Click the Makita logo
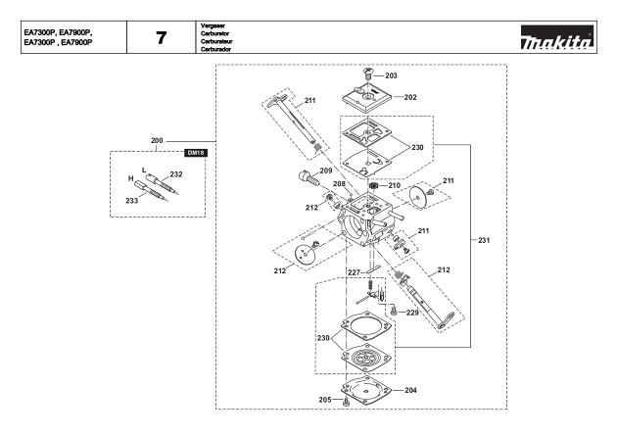(x=557, y=37)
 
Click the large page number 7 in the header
(x=162, y=38)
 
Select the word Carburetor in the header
(x=214, y=33)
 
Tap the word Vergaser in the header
(x=213, y=25)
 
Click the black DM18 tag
(x=196, y=153)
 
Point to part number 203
(x=391, y=75)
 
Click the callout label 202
(x=410, y=97)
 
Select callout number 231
(x=484, y=240)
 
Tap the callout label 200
(x=157, y=140)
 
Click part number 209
(x=326, y=170)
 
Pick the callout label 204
(x=410, y=390)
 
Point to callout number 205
(x=324, y=400)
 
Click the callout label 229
(x=412, y=313)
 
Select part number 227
(x=354, y=272)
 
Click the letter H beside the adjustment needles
(x=131, y=178)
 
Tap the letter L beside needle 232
(x=144, y=170)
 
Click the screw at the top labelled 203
(x=367, y=73)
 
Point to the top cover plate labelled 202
(x=367, y=97)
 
